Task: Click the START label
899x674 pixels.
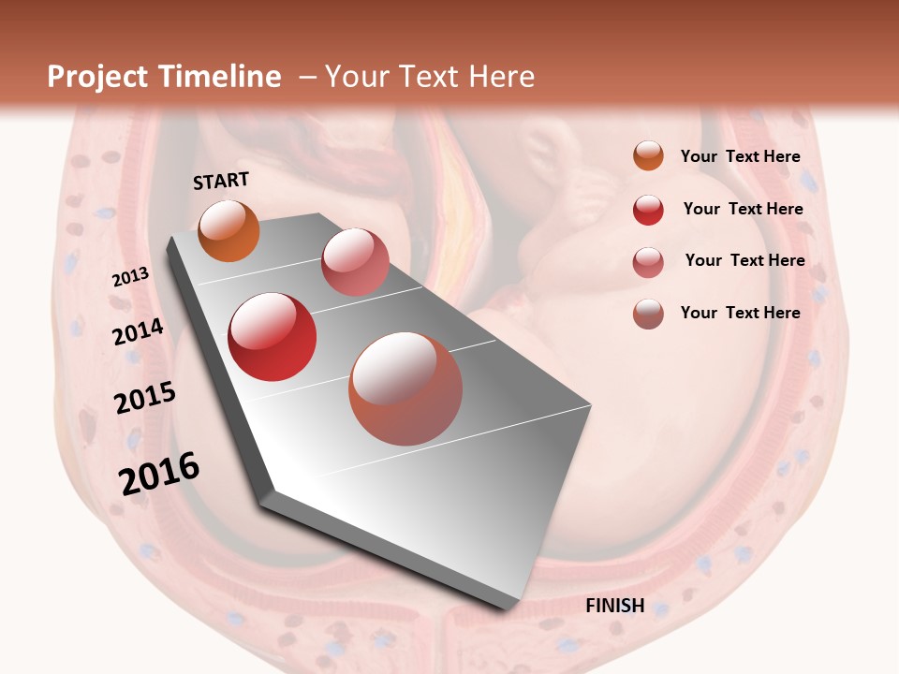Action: (221, 181)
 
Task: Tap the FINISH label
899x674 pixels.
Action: (615, 606)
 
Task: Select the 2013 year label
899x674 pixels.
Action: (130, 277)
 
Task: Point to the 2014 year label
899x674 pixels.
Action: (139, 332)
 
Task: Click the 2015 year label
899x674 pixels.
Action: (145, 398)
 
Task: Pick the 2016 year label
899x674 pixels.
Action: (159, 474)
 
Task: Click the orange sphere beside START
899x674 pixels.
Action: (228, 230)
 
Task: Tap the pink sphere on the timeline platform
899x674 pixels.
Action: (355, 262)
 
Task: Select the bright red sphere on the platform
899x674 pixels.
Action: (273, 337)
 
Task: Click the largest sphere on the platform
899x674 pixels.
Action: (405, 388)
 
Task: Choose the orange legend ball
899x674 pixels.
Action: (648, 156)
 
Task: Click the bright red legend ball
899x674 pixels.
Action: (648, 210)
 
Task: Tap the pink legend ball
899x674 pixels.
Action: (648, 262)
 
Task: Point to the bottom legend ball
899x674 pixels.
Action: (648, 314)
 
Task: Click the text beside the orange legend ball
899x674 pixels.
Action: (740, 156)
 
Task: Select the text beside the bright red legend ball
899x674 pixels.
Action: (743, 209)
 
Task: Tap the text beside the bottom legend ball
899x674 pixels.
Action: (740, 313)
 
